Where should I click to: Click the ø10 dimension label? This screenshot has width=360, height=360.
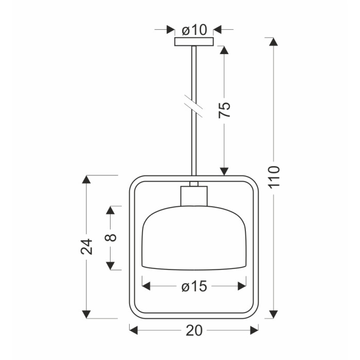[194, 30]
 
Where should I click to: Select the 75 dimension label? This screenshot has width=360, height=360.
[224, 110]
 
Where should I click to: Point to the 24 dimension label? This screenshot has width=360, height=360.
[86, 246]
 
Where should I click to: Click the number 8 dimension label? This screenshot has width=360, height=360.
[111, 238]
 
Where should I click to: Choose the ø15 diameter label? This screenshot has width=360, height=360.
[194, 286]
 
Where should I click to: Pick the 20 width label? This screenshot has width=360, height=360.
[194, 331]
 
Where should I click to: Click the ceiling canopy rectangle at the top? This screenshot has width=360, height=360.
[194, 42]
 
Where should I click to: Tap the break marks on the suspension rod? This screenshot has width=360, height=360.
[193, 106]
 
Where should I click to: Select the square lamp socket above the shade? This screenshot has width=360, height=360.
[194, 196]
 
